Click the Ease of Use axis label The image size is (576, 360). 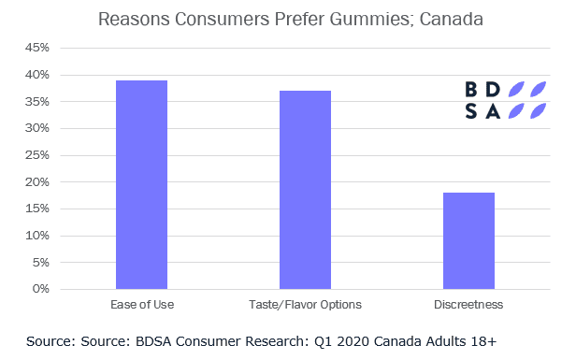142,305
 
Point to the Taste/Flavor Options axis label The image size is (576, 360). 305,305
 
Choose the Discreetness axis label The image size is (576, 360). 468,305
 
